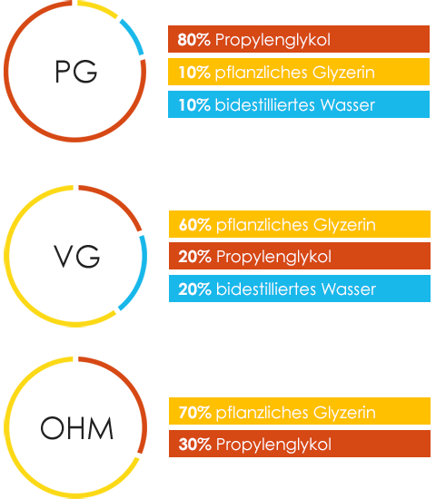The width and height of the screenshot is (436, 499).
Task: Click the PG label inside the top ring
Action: click(76, 72)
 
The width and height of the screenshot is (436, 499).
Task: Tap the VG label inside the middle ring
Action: click(76, 256)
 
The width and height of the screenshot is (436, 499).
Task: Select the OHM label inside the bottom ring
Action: click(77, 428)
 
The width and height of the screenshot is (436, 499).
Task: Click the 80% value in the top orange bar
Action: click(193, 40)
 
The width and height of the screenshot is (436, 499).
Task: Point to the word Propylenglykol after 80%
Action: click(272, 41)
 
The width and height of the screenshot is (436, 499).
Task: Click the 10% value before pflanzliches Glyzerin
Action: click(194, 73)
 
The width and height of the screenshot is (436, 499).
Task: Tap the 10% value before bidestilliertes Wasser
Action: click(194, 105)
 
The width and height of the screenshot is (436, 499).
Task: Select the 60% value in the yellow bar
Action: click(194, 225)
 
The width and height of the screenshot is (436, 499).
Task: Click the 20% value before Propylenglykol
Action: click(194, 257)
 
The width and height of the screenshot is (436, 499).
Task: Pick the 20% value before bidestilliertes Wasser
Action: click(194, 289)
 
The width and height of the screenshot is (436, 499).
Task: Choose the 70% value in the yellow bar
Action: click(194, 413)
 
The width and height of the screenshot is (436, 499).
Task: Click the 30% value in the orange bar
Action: click(194, 445)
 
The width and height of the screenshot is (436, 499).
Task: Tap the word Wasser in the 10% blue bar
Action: click(348, 105)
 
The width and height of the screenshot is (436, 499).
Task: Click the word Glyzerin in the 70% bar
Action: click(344, 413)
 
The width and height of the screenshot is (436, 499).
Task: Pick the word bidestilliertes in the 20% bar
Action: click(266, 289)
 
